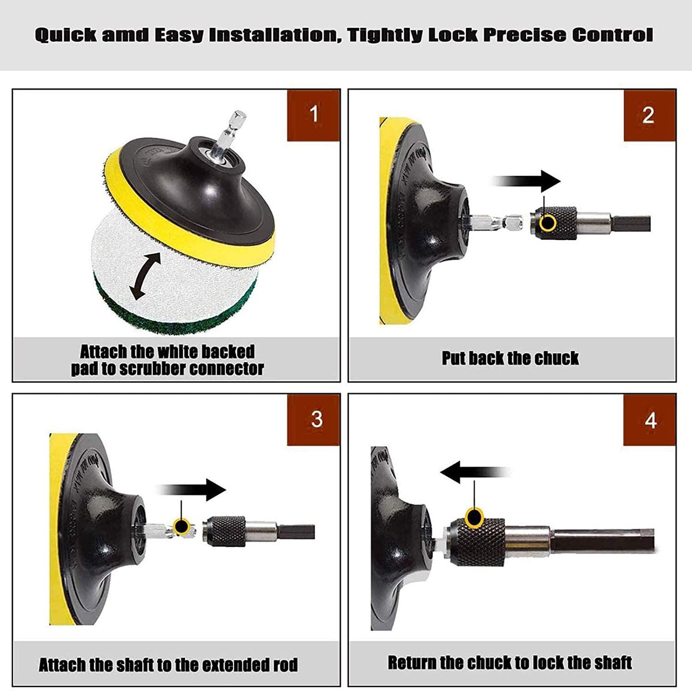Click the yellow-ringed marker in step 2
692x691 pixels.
point(549,222)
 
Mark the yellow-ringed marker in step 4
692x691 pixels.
point(474,516)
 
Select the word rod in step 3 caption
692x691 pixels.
point(286,665)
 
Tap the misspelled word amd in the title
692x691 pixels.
point(125,35)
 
